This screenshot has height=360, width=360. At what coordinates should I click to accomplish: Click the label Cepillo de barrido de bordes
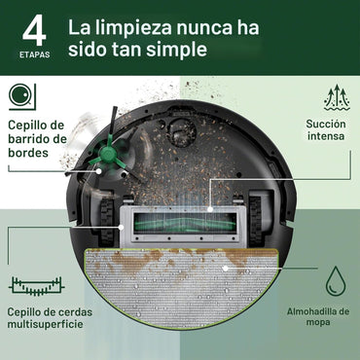tap(37, 138)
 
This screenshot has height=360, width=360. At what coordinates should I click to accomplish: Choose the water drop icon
tap(335, 281)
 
